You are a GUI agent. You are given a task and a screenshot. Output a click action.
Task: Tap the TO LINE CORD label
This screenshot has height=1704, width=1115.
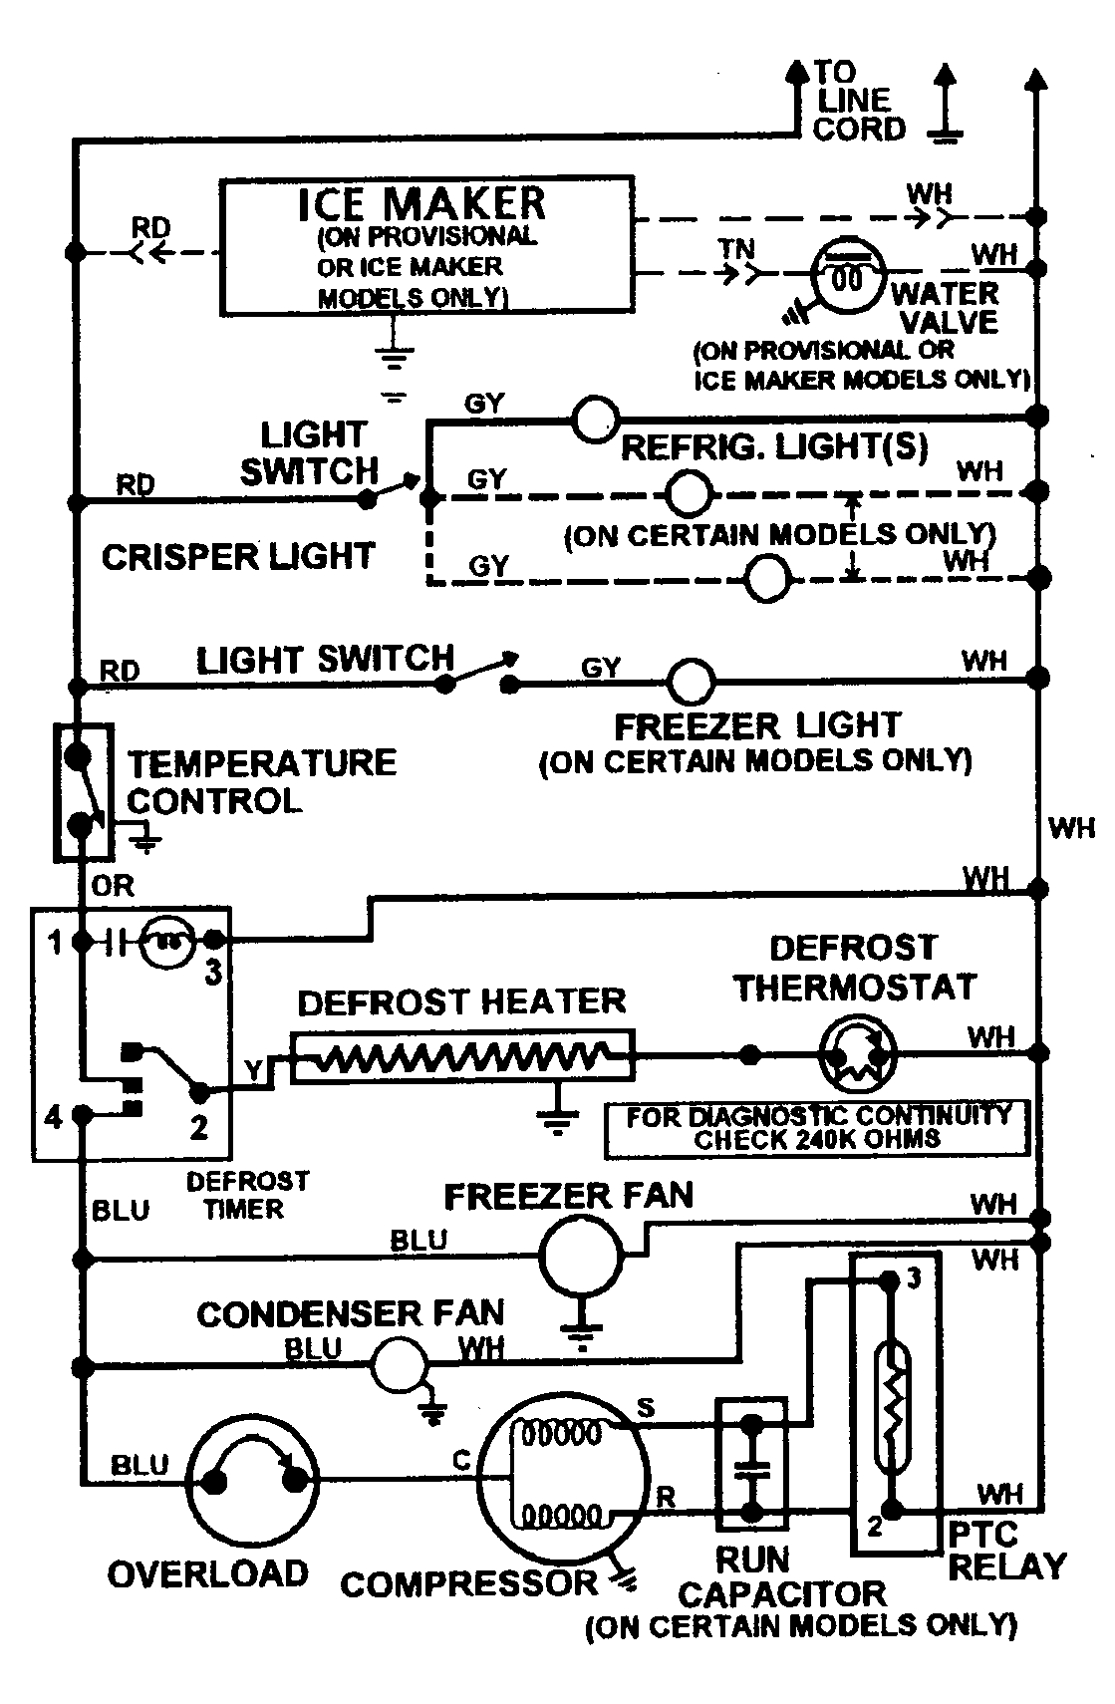tap(858, 101)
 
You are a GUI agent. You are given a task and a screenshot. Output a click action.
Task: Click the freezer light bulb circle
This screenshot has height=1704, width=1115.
tap(690, 683)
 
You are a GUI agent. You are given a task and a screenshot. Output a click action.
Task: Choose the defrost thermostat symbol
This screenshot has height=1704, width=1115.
tap(858, 1053)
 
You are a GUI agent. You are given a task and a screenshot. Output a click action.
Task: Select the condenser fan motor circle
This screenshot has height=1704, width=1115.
tap(400, 1364)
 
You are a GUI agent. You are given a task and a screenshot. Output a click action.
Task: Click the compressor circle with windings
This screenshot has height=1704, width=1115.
tap(563, 1476)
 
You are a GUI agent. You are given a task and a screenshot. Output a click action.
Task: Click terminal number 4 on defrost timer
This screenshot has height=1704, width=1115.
tap(54, 1117)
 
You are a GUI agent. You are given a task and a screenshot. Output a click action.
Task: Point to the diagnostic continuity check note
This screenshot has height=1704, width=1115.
tap(817, 1128)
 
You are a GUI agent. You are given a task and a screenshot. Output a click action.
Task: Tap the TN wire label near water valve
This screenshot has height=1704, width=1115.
tap(737, 249)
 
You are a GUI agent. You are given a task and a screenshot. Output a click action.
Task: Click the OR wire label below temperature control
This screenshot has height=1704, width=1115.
tap(113, 886)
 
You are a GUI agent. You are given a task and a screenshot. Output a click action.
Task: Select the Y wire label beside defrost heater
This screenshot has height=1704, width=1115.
tap(255, 1070)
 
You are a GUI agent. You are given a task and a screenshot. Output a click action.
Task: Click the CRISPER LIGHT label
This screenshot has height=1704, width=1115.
tap(237, 556)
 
